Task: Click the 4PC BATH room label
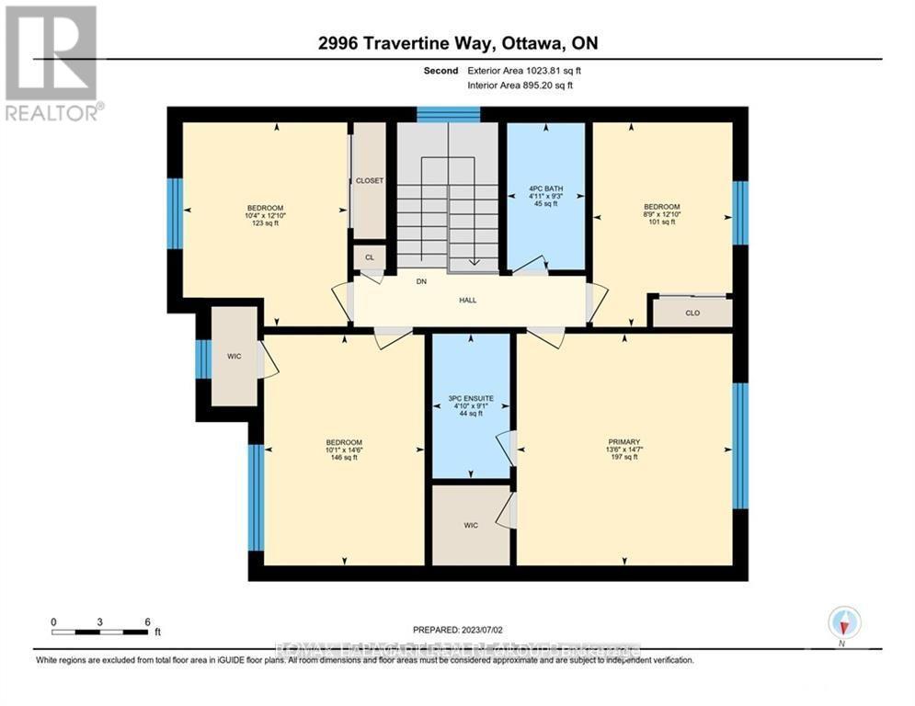546,188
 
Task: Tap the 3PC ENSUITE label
470,398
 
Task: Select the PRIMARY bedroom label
623,441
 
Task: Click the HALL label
469,300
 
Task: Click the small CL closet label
370,257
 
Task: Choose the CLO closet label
692,313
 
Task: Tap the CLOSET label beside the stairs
370,181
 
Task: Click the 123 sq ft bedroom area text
265,222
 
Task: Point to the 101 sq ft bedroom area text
662,222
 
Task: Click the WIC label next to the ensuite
471,525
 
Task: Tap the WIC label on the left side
234,356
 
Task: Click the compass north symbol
843,622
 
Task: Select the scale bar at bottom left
100,631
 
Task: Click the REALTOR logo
54,63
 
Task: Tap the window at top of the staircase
448,114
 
